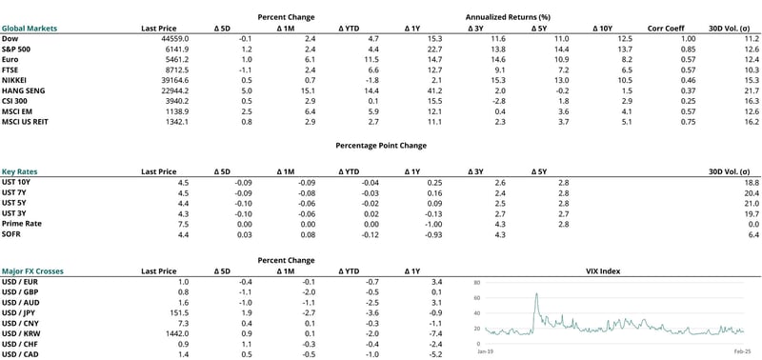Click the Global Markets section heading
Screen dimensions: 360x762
click(30, 29)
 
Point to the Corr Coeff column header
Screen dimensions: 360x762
click(666, 29)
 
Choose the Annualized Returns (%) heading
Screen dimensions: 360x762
click(508, 17)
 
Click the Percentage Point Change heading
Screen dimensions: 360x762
click(381, 145)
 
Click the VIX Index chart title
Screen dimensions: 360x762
click(604, 271)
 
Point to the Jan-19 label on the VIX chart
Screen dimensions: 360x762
click(486, 351)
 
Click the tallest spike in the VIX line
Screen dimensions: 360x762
click(536, 295)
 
